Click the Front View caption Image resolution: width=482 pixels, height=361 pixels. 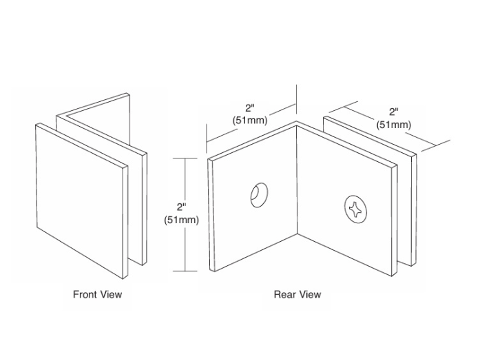point(97,295)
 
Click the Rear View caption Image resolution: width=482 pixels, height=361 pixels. point(297,295)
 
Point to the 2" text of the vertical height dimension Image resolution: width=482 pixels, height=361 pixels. point(182,207)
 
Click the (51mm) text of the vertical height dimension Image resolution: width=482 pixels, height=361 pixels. point(182,220)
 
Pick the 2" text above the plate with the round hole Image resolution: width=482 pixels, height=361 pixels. point(251,107)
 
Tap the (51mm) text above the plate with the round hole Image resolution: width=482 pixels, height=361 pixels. point(251,120)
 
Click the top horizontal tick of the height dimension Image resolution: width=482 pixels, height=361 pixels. point(182,158)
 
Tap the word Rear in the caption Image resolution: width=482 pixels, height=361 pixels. point(285,295)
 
